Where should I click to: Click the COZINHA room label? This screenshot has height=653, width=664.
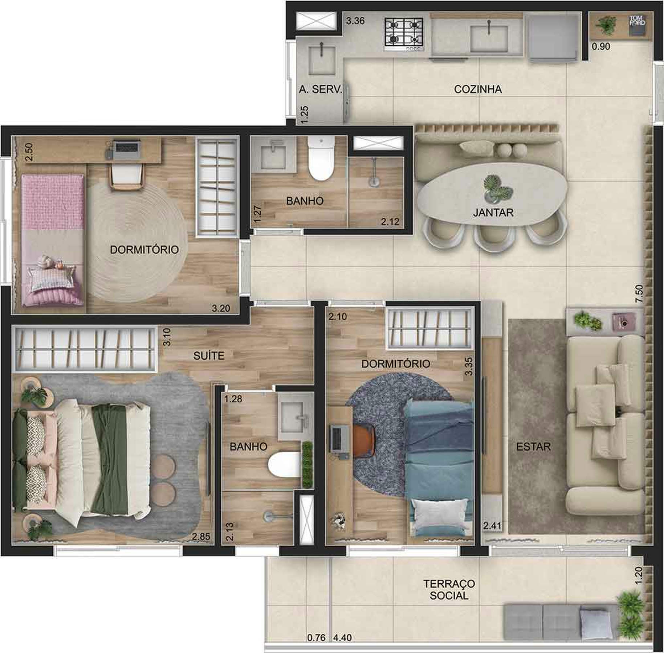[x=477, y=89]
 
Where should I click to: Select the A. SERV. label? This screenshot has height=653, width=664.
[x=320, y=89]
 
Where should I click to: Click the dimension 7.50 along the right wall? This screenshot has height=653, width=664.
[x=639, y=293]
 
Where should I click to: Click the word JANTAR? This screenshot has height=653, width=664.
[x=493, y=213]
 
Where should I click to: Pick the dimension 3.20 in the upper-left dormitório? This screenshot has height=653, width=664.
[x=221, y=308]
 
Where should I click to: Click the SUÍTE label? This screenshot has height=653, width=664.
[x=209, y=356]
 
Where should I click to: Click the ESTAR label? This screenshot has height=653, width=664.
[x=533, y=447]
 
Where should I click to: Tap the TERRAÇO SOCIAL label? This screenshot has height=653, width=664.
[x=449, y=590]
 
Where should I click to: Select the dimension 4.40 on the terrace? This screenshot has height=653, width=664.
[x=342, y=637]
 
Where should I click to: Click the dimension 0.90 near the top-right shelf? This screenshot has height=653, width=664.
[x=601, y=46]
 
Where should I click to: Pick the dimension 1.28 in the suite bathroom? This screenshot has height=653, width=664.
[x=233, y=399]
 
